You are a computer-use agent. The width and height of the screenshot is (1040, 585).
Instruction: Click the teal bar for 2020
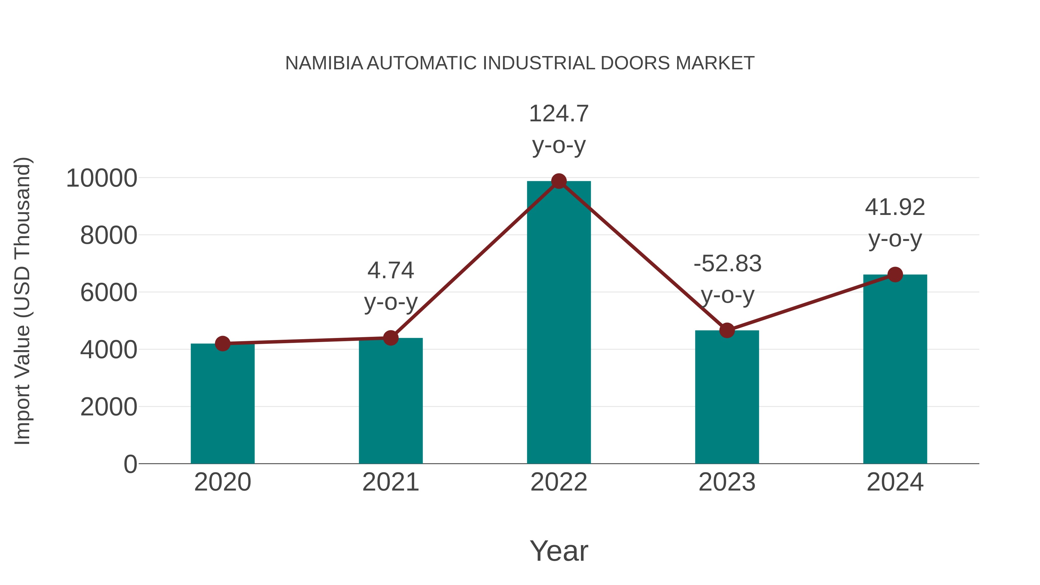click(222, 404)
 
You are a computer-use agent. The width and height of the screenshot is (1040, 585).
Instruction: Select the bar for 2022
click(559, 323)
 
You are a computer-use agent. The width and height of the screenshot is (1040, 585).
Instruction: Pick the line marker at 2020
click(222, 343)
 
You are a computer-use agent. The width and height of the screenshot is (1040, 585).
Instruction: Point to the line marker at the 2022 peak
click(559, 181)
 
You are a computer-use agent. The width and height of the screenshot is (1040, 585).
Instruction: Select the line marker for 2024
click(895, 274)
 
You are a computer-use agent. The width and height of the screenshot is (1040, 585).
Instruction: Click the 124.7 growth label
click(559, 114)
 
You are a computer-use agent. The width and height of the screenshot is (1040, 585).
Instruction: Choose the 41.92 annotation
click(895, 207)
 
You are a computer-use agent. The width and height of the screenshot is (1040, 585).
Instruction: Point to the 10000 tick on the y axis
click(102, 178)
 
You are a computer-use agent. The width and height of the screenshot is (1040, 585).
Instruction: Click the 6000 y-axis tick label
click(109, 293)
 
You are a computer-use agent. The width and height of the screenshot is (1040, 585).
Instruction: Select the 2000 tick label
click(109, 407)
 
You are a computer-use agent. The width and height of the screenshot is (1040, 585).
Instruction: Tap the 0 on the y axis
click(130, 464)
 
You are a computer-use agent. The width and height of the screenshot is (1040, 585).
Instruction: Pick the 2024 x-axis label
click(895, 482)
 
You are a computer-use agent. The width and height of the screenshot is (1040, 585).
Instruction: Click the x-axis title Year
click(559, 551)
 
